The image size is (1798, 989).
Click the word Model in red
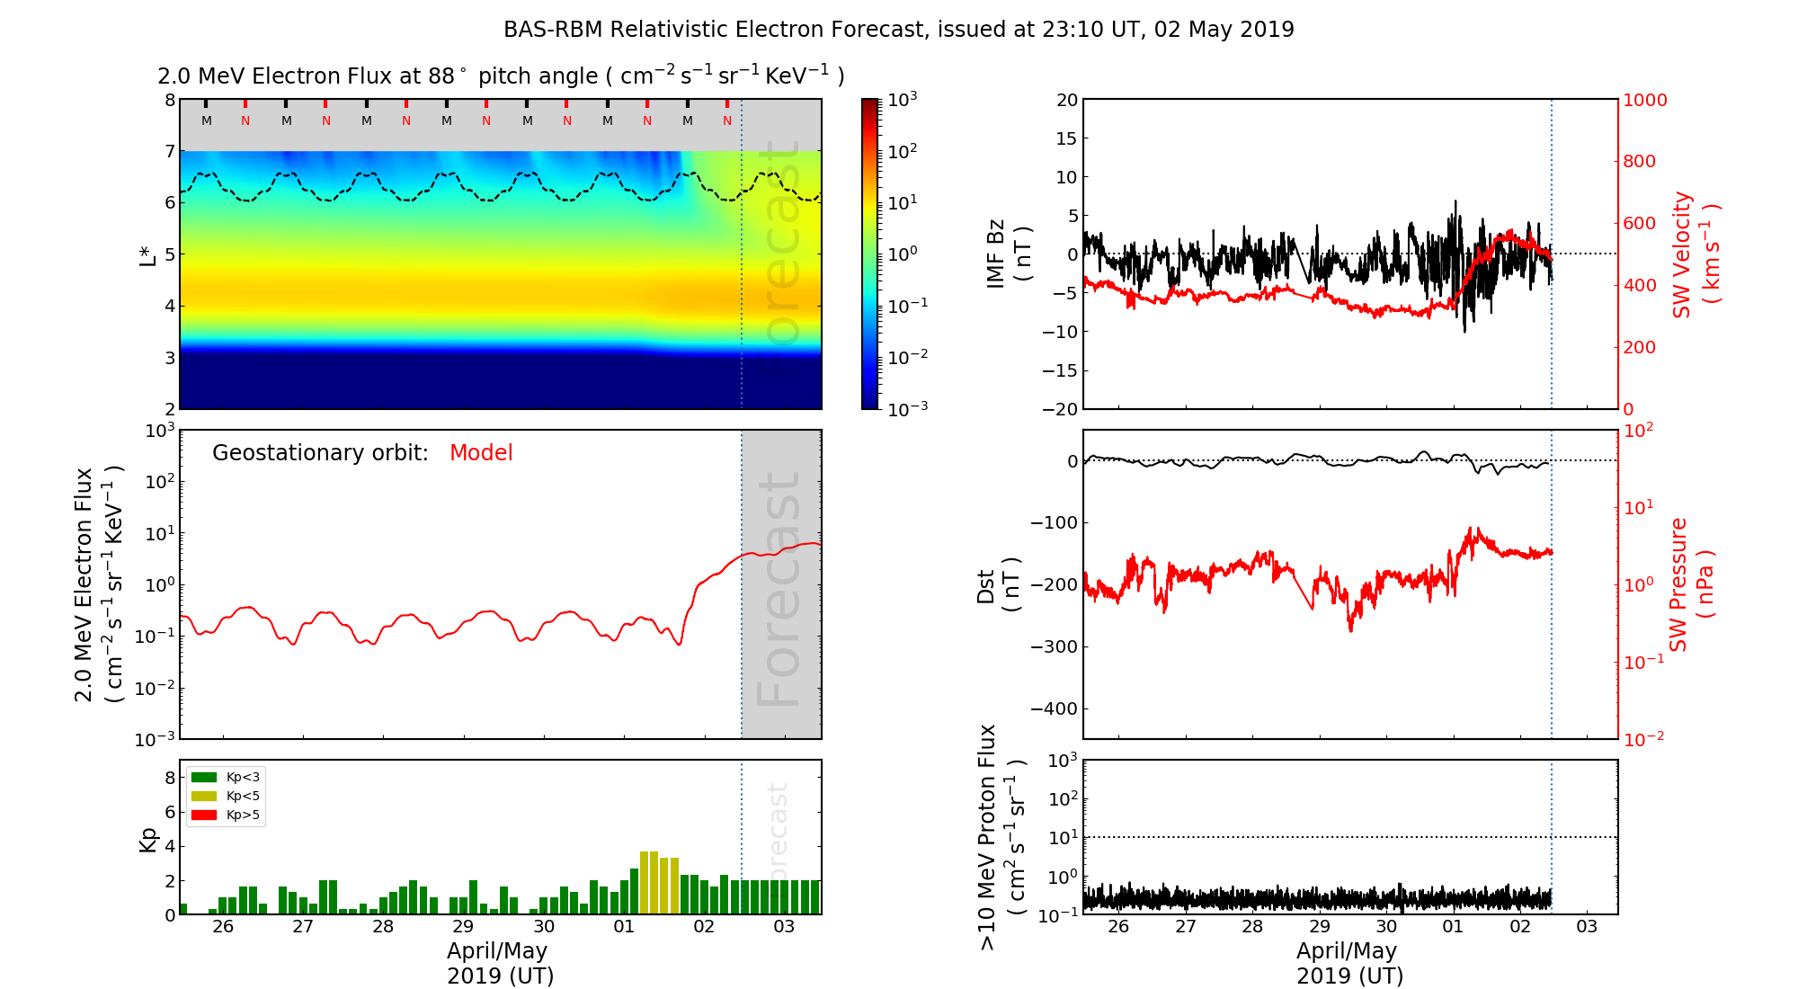click(481, 453)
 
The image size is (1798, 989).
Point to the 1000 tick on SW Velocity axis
click(1644, 100)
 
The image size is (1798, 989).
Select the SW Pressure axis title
click(1691, 584)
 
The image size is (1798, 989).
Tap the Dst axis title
click(998, 584)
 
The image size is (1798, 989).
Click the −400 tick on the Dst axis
click(1054, 708)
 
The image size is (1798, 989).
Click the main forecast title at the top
click(898, 30)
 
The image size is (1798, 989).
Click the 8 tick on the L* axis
click(169, 100)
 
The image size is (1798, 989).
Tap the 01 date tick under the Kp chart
click(623, 927)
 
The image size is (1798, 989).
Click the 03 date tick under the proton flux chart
click(1587, 927)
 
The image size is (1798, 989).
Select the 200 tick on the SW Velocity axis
click(1638, 347)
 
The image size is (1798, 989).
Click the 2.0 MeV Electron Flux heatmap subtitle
click(501, 76)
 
